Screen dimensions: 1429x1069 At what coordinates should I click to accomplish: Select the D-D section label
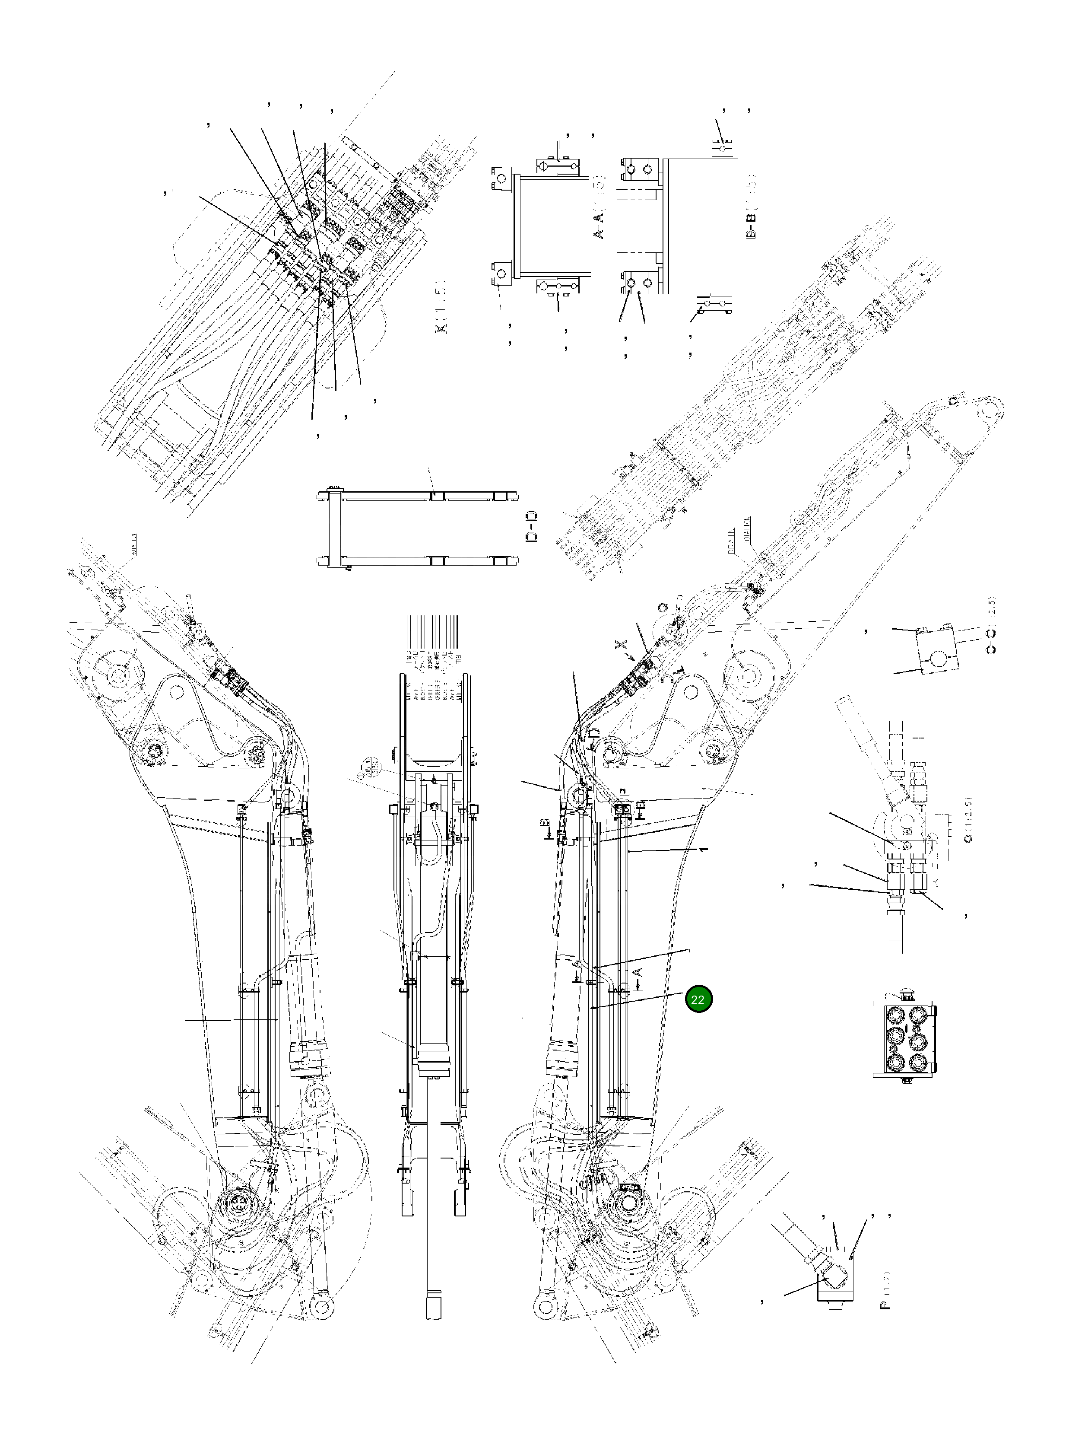pos(532,526)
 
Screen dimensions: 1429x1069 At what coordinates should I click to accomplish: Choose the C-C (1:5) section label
pos(991,625)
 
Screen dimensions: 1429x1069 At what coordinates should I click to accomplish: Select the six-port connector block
pos(904,1040)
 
